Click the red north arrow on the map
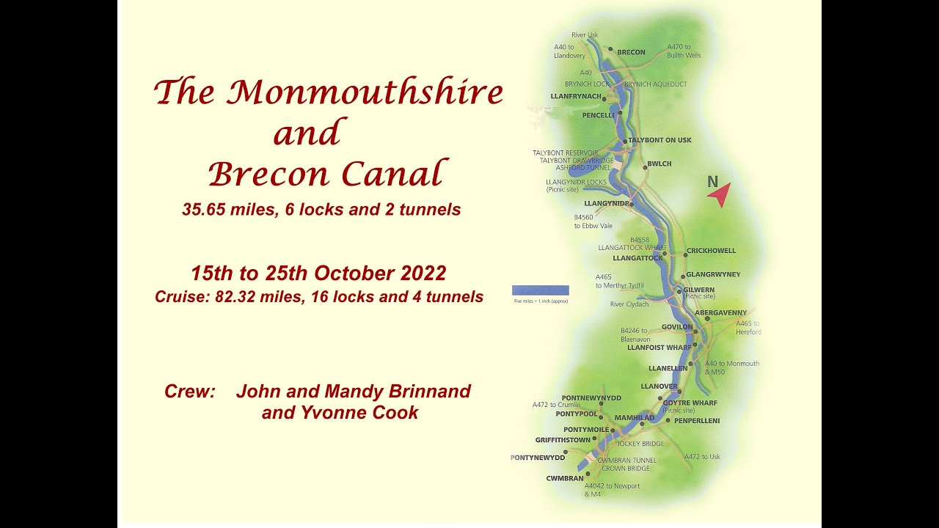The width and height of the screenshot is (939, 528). point(720,194)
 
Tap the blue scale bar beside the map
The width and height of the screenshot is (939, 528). point(540,290)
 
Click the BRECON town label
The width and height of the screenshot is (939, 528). point(631,52)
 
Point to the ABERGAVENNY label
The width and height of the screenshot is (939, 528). point(720,313)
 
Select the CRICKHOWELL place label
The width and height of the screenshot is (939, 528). point(711,251)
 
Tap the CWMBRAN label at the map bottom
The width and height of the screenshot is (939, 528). point(565,478)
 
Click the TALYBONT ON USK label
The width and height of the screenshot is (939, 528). point(660,140)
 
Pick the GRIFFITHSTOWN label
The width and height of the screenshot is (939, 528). point(563,440)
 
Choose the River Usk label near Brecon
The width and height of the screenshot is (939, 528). point(585,35)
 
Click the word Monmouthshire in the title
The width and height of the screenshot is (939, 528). point(365,93)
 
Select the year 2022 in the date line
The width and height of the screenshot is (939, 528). point(423,274)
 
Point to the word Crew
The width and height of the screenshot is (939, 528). point(189,392)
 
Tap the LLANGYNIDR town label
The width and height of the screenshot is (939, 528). point(607,203)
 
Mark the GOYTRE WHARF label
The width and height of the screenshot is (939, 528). point(690,403)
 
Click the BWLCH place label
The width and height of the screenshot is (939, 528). point(660,164)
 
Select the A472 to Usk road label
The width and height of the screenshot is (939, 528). point(702,457)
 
